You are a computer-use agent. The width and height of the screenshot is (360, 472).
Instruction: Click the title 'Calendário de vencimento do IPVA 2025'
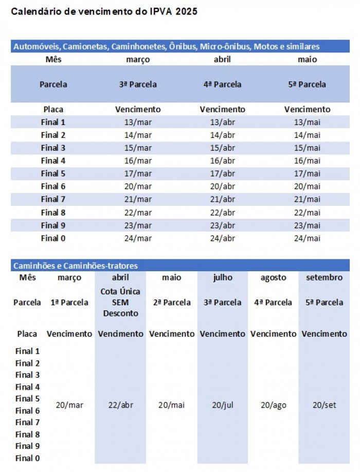click(104, 11)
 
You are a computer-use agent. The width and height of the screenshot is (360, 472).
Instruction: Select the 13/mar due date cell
click(138, 122)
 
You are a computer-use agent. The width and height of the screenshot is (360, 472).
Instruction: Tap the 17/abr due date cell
click(222, 173)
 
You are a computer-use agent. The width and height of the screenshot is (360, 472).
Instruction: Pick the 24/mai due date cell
click(307, 238)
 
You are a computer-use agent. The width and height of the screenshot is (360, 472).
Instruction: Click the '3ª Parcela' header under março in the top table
click(138, 84)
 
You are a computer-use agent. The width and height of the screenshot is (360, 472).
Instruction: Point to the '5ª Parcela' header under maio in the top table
click(307, 84)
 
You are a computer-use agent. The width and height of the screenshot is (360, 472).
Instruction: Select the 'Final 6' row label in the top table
click(53, 186)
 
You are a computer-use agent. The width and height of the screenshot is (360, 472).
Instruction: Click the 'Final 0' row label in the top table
click(53, 238)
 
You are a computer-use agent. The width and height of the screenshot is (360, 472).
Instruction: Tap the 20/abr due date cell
click(222, 186)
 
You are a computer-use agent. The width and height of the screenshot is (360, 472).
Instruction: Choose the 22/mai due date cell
click(307, 212)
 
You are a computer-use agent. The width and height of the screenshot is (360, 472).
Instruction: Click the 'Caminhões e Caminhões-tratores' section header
click(76, 266)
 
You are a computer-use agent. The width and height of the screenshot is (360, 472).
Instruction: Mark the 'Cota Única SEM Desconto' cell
click(120, 302)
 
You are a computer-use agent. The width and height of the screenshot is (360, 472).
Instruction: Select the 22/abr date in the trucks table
click(120, 405)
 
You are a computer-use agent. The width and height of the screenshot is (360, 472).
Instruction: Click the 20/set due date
click(324, 405)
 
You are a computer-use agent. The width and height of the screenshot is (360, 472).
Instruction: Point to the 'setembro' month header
click(324, 277)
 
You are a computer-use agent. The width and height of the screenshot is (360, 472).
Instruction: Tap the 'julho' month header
click(222, 277)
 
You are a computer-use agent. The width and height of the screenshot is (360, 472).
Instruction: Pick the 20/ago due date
click(273, 405)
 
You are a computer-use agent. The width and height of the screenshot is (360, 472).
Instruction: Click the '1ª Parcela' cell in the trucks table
click(69, 302)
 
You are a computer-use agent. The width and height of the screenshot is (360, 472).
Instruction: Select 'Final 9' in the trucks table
click(27, 446)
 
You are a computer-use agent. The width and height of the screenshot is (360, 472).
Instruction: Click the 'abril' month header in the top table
click(222, 59)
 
